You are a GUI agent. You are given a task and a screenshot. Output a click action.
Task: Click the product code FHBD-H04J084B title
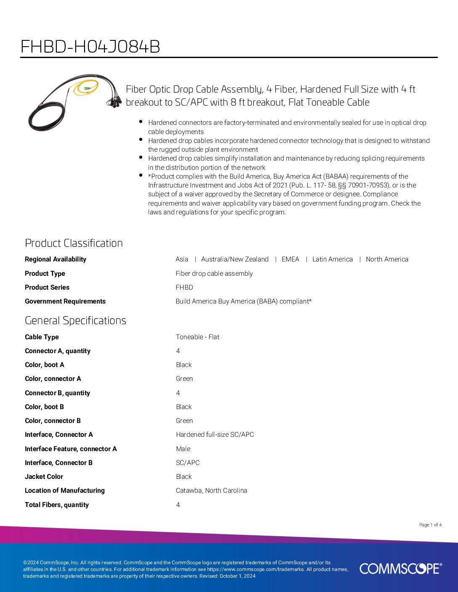click(x=90, y=47)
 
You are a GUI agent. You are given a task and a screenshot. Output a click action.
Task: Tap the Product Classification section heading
click(x=74, y=243)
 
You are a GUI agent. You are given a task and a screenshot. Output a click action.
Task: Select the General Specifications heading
click(x=75, y=320)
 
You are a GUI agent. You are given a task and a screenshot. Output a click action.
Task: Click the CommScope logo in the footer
click(x=400, y=568)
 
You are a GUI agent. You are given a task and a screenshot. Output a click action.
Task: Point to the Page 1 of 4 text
click(x=430, y=525)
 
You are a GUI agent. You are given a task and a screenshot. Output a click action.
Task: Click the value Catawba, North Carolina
click(x=211, y=491)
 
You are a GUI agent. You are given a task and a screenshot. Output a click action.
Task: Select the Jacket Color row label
click(x=44, y=477)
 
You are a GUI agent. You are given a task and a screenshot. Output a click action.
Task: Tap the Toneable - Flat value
click(x=197, y=337)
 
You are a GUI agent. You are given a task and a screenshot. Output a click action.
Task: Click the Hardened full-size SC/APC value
click(x=215, y=435)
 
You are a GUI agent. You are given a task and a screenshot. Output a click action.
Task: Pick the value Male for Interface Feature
click(x=183, y=449)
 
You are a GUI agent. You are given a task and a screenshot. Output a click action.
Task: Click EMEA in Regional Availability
click(x=290, y=259)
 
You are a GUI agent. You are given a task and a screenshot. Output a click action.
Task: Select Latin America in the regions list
click(x=333, y=259)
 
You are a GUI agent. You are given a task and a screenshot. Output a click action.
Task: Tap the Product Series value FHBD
click(x=184, y=288)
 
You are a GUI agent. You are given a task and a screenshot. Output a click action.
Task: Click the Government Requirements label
click(x=65, y=301)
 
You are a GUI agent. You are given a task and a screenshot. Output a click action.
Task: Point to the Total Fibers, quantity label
click(x=57, y=505)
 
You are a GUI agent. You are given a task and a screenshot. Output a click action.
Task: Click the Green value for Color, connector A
click(x=184, y=379)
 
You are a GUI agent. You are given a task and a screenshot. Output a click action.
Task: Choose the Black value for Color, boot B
click(x=184, y=407)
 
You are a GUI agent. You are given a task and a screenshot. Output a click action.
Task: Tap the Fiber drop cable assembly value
click(x=214, y=274)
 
